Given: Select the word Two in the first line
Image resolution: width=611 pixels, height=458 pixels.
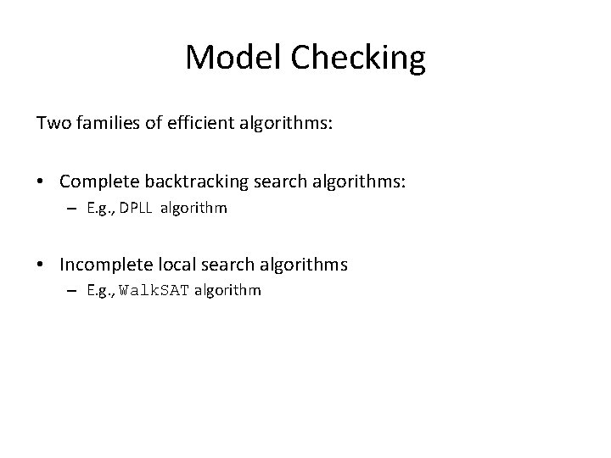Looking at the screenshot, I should pos(50,123).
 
